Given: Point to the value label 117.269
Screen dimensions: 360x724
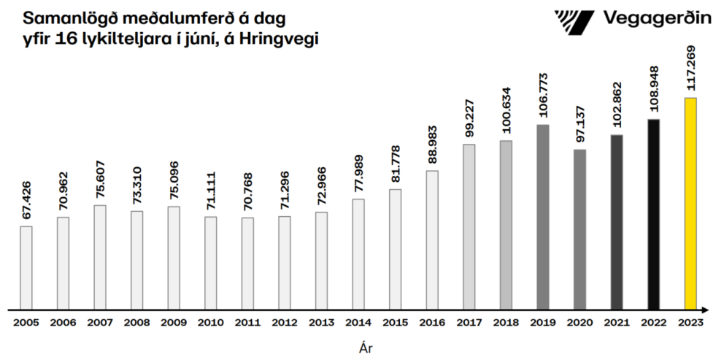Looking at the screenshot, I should [690, 71].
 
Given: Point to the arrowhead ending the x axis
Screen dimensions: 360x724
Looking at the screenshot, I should [709, 308].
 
